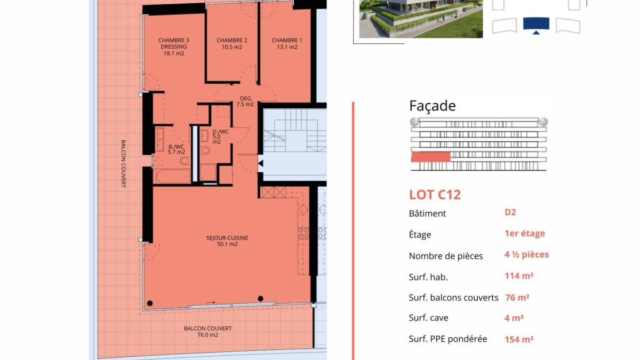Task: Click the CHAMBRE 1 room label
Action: [287, 44]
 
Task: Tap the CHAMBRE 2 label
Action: [231, 44]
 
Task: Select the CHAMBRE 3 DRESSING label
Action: [174, 46]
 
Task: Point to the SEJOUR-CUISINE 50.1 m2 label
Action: [227, 241]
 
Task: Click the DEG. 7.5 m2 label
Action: [245, 101]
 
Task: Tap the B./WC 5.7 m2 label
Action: [177, 149]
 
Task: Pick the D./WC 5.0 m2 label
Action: [221, 137]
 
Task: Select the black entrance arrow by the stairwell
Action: [261, 163]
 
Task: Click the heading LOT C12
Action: [435, 195]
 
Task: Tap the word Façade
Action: [433, 106]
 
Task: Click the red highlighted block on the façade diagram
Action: [431, 157]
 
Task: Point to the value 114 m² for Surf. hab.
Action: [519, 276]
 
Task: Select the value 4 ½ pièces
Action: [526, 254]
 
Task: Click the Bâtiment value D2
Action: [510, 212]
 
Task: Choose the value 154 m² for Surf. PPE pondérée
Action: [519, 339]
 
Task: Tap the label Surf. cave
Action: [428, 318]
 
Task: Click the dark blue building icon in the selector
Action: [536, 25]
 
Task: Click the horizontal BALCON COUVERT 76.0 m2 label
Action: [207, 331]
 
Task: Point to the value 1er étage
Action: [525, 234]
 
